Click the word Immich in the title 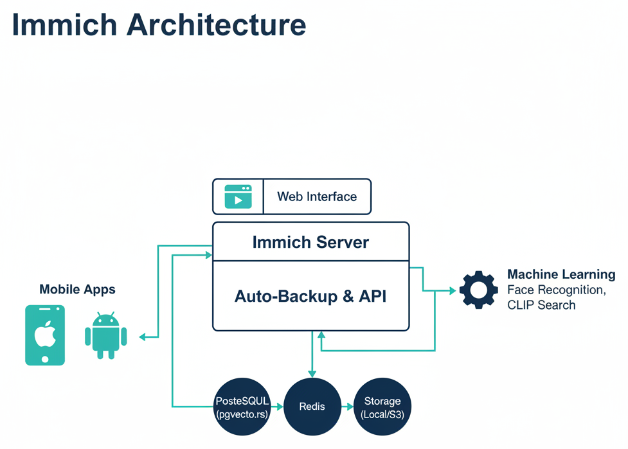64,25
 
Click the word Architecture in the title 216,25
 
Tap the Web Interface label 317,197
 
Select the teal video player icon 238,197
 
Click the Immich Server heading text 310,242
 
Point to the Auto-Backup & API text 310,296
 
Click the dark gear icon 479,290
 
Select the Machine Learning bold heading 561,275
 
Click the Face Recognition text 556,290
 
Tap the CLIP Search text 541,305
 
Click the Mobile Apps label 77,289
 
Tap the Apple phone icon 45,335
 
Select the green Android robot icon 105,335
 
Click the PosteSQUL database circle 242,407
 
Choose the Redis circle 312,407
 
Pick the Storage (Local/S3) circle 382,407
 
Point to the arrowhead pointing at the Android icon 143,337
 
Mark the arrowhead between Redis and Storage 350,407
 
